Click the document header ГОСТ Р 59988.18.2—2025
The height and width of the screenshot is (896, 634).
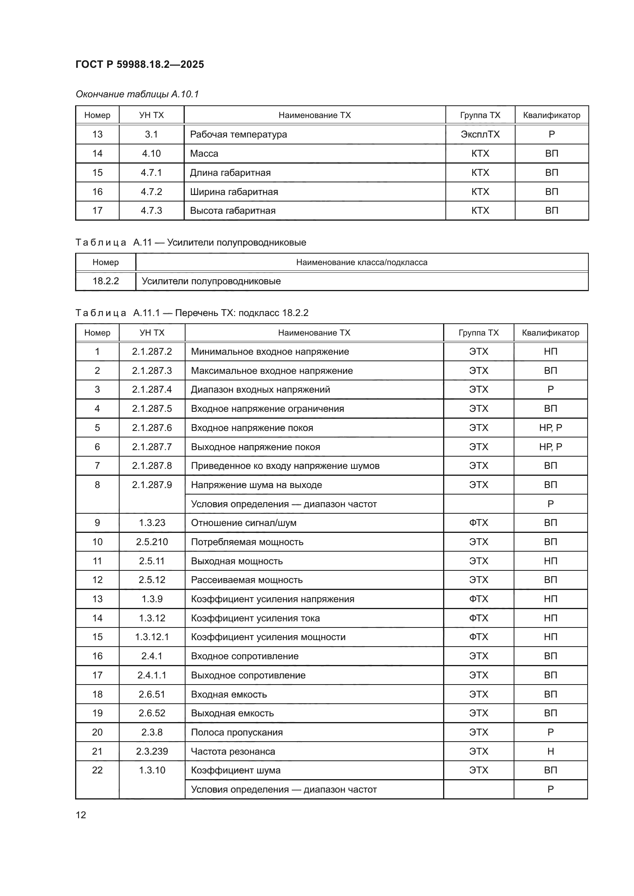[x=140, y=64]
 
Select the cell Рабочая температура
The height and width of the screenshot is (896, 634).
[x=238, y=134]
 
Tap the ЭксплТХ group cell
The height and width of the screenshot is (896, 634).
[x=480, y=134]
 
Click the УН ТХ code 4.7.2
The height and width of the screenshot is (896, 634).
[x=151, y=192]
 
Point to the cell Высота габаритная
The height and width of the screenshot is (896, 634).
[x=233, y=211]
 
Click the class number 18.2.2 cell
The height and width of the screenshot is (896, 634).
[x=105, y=281]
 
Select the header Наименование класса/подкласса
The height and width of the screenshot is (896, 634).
[x=361, y=262]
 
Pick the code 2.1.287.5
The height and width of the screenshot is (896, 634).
[x=152, y=409]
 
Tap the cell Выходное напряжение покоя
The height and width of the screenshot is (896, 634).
[x=255, y=447]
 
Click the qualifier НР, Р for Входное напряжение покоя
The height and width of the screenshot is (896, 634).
[x=550, y=428]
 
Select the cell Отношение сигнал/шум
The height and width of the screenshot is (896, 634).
[x=244, y=523]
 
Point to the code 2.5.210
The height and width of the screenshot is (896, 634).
[x=152, y=542]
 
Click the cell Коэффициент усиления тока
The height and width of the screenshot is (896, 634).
[x=255, y=618]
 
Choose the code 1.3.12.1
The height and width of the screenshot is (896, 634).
[x=152, y=637]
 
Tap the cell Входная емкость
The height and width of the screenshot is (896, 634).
[x=229, y=694]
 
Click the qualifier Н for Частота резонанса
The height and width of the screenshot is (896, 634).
[x=550, y=751]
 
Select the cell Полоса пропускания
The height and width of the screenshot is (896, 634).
[x=237, y=732]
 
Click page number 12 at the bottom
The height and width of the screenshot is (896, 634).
[x=81, y=815]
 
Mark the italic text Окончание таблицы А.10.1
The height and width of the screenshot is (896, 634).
[x=137, y=94]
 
